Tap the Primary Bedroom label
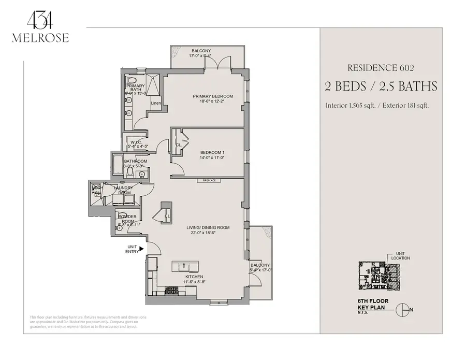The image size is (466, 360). click(x=212, y=96)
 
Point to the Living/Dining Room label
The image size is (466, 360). click(x=208, y=227)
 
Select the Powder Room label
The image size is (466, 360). click(x=127, y=218)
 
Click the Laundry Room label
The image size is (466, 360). click(x=124, y=190)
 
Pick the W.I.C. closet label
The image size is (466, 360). click(x=137, y=142)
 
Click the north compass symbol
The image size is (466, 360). click(x=402, y=310)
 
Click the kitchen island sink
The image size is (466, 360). click(x=184, y=267)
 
